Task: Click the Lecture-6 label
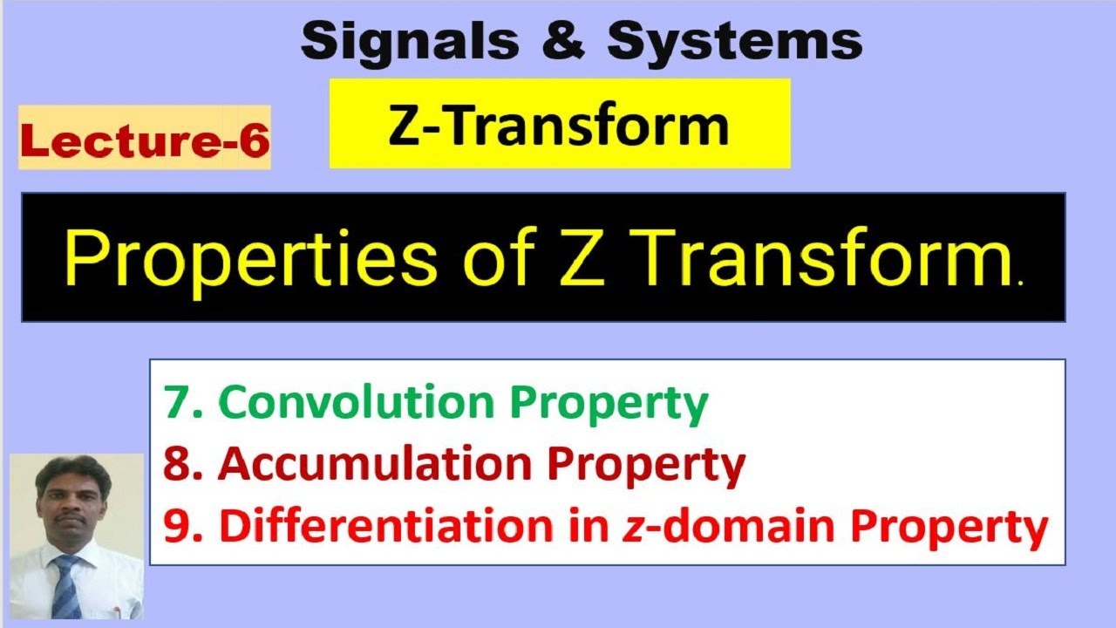(x=145, y=140)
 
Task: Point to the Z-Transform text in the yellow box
(x=559, y=125)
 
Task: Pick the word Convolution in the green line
(x=361, y=402)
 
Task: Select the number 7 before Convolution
(x=174, y=403)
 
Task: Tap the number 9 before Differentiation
(x=174, y=528)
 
